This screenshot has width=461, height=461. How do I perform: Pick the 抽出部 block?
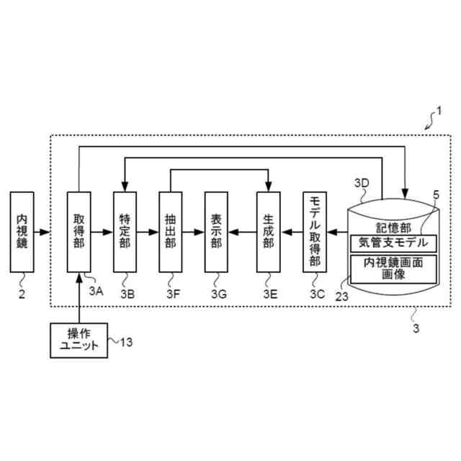point(170,232)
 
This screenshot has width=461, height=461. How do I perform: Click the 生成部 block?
point(268,232)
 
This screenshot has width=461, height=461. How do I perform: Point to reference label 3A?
point(96,290)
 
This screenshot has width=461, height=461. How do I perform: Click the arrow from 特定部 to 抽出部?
point(148,232)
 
